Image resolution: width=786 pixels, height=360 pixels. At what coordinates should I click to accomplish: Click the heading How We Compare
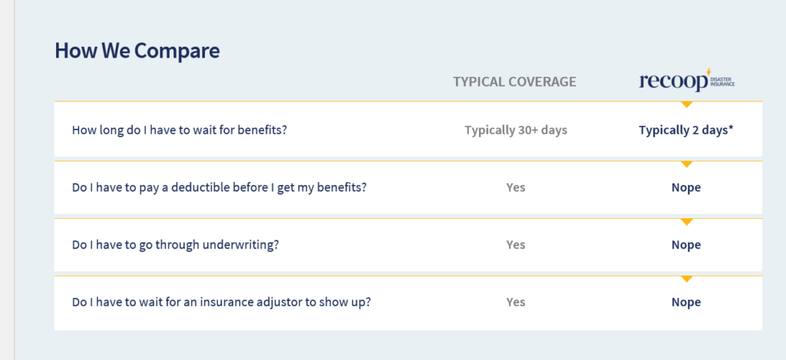(137, 51)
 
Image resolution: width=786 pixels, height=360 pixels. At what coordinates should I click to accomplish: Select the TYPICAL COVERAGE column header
(515, 81)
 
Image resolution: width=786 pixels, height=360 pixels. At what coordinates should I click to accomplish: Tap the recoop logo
(687, 81)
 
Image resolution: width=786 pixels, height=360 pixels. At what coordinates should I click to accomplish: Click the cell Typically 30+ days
(516, 130)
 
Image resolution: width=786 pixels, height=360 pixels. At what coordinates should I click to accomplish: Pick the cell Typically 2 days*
(686, 130)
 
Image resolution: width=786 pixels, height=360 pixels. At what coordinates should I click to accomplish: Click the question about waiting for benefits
(180, 130)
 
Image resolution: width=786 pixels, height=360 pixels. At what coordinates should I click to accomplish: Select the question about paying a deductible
(220, 187)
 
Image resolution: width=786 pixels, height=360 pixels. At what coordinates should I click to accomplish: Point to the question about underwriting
(176, 245)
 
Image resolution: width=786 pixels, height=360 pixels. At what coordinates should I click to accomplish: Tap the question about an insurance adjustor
(222, 303)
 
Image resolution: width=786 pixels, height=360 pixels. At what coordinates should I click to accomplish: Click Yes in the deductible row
(516, 187)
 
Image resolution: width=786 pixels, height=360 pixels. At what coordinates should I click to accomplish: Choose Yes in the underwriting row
(516, 245)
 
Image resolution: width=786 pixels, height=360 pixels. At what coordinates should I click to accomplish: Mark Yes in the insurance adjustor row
(516, 302)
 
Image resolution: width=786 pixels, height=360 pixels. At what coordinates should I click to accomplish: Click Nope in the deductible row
(686, 188)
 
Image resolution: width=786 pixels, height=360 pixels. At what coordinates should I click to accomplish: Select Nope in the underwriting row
(686, 245)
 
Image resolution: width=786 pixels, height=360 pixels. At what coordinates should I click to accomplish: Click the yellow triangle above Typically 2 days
(687, 104)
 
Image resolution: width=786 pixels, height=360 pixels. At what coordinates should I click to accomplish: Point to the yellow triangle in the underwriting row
(687, 222)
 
